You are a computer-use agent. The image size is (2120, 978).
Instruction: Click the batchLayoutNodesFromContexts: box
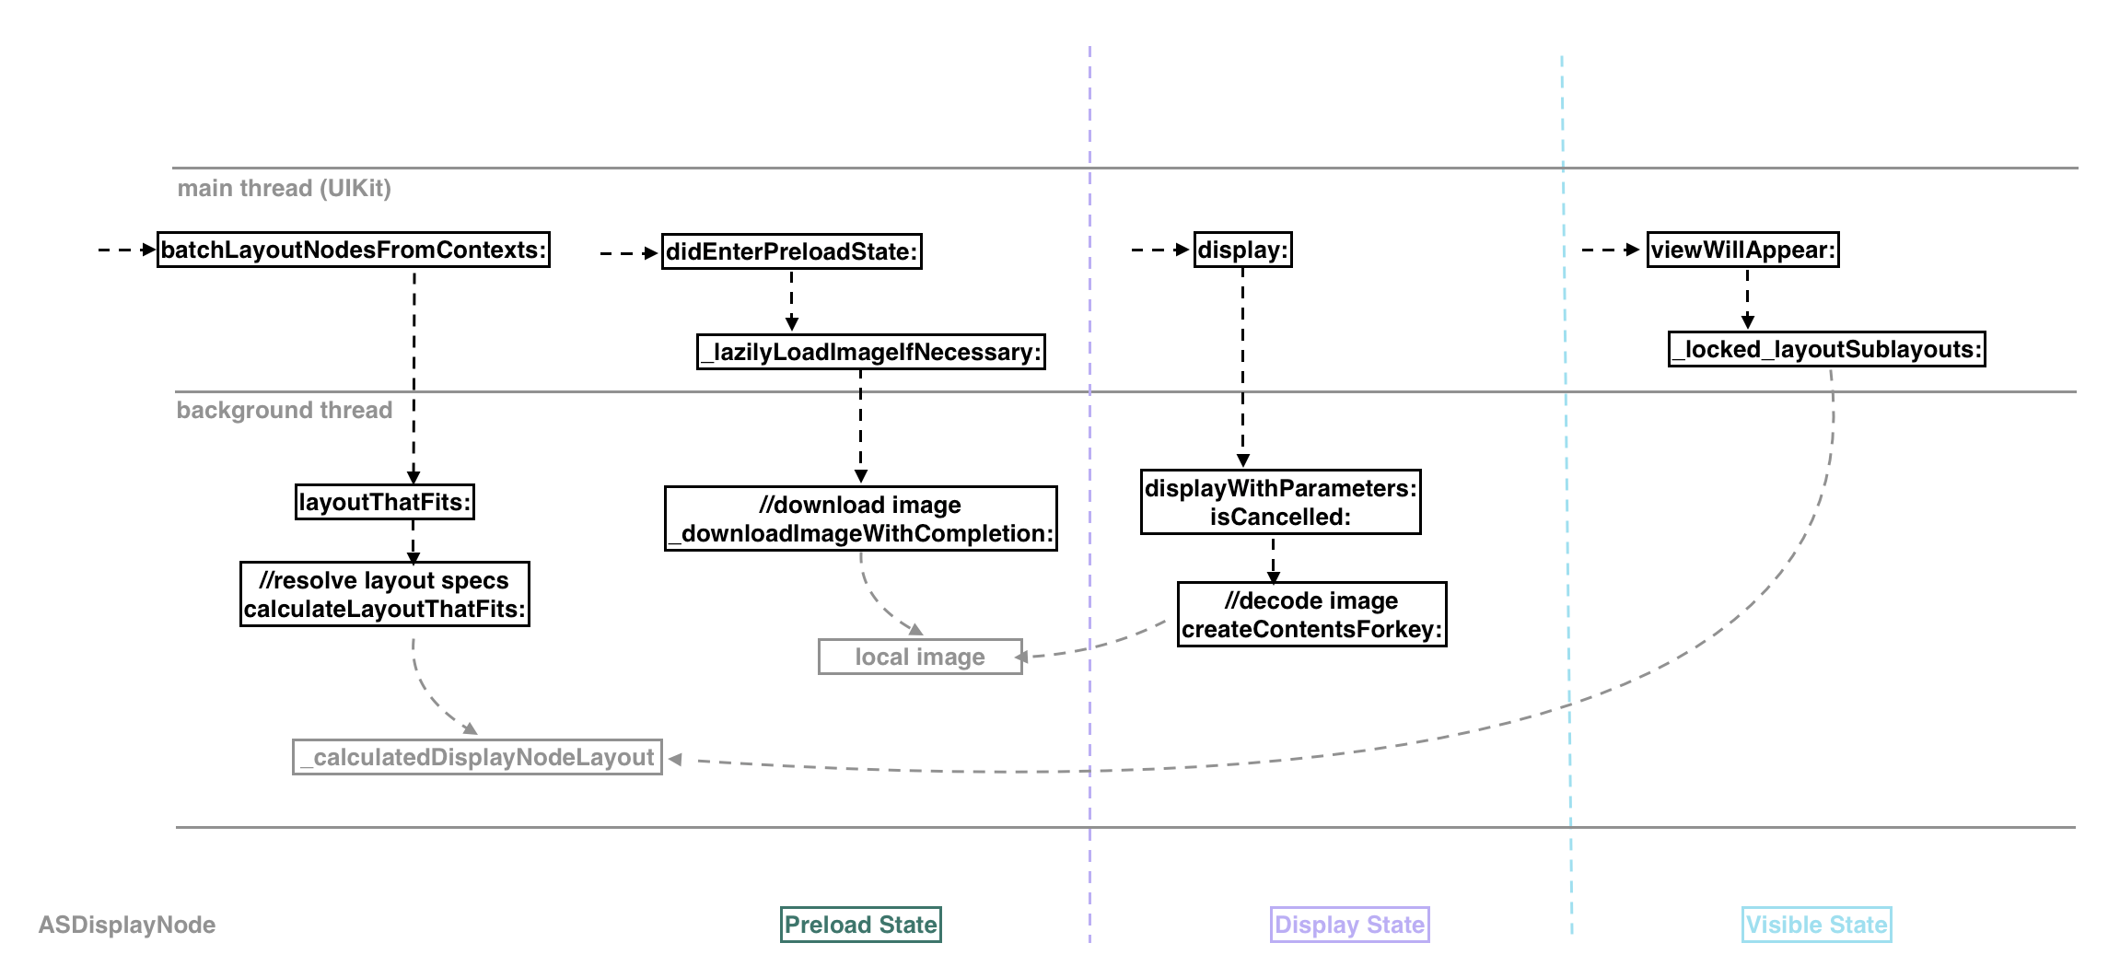coord(354,250)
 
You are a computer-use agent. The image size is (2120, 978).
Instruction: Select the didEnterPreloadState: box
coord(792,251)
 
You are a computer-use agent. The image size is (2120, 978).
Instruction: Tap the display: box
coord(1243,250)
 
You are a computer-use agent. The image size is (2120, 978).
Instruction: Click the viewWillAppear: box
coord(1743,250)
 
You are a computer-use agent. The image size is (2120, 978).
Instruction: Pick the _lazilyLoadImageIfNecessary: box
coord(871,352)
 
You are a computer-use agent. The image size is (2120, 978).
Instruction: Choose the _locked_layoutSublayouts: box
coord(1827,349)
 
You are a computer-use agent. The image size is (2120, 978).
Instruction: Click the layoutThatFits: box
coord(385,502)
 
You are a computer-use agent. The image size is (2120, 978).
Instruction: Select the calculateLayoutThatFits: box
coord(385,594)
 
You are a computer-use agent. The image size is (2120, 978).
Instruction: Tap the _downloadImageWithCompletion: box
coord(861,518)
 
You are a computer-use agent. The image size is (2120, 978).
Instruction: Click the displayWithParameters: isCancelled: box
coord(1280,502)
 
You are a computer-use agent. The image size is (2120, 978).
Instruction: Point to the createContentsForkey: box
coord(1312,614)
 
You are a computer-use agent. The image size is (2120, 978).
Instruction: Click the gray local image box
coord(920,657)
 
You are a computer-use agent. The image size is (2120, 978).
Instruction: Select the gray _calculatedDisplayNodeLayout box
coord(477,757)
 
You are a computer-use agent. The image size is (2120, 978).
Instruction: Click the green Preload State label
coord(861,925)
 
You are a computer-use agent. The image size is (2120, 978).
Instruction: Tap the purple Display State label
coord(1349,925)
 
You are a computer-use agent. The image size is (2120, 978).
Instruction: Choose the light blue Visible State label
coord(1816,925)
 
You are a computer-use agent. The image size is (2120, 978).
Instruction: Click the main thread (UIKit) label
coord(284,188)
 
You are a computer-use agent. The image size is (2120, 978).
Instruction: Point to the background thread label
coord(284,410)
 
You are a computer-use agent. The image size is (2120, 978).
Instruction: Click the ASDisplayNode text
coord(127,925)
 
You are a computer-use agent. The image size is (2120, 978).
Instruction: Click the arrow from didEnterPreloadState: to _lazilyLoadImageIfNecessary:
coord(792,300)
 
